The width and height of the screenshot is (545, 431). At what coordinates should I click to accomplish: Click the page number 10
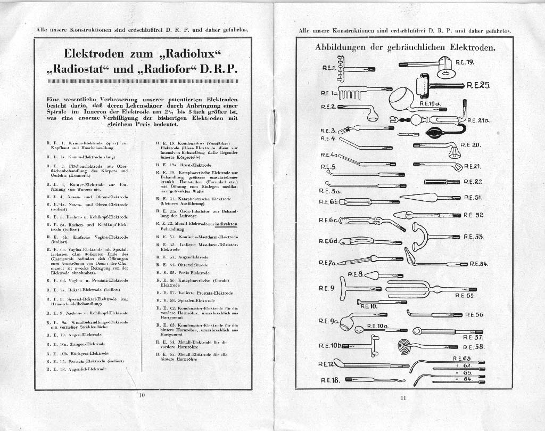(x=142, y=395)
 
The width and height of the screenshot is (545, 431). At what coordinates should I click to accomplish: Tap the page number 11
(x=403, y=397)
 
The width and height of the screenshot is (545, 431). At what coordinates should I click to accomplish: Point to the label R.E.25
(x=478, y=85)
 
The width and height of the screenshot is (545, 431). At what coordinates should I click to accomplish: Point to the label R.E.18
(x=330, y=380)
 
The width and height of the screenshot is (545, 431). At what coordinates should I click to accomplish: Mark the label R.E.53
(x=473, y=237)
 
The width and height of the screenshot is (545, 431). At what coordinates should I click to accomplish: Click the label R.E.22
(x=473, y=182)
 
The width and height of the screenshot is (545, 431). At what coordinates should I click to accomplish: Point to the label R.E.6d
(x=329, y=241)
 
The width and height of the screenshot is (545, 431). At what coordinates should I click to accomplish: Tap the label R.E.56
(x=474, y=315)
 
